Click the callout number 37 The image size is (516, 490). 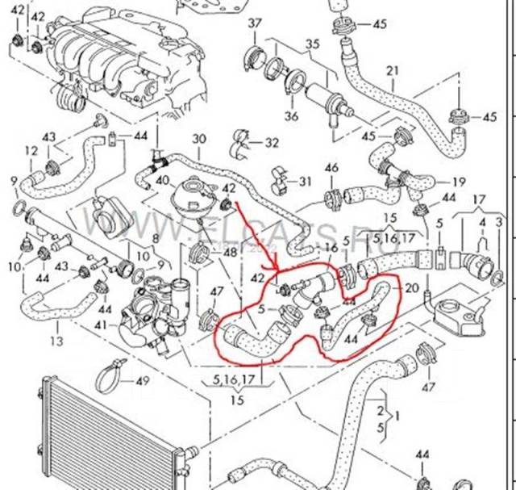click(254, 23)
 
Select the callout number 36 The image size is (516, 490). click(291, 116)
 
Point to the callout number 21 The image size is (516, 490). click(393, 71)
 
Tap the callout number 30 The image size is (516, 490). click(199, 139)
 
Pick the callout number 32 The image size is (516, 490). click(272, 143)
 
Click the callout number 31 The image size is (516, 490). click(304, 179)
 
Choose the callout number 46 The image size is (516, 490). click(331, 168)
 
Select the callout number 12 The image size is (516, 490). click(31, 151)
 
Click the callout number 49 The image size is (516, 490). click(143, 381)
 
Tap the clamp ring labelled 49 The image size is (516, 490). click(111, 376)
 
